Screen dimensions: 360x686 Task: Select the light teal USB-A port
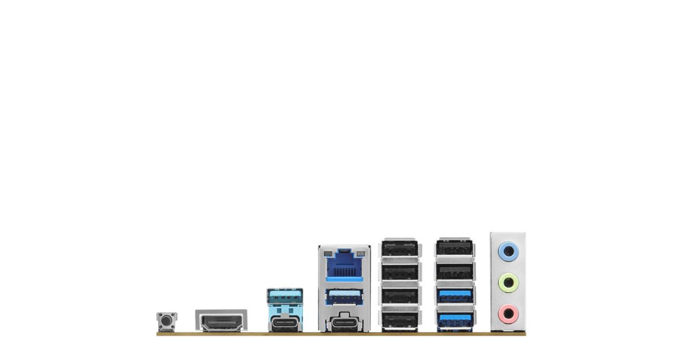pos(285,297)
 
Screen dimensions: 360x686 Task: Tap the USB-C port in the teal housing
pos(285,324)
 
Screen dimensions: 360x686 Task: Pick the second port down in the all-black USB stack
pos(400,271)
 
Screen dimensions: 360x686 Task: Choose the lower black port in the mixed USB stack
pos(454,271)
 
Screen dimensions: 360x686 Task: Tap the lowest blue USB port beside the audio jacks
pos(454,318)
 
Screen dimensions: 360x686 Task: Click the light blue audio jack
pos(508,250)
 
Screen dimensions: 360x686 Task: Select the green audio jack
pos(508,282)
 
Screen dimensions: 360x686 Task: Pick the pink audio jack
pos(508,313)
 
